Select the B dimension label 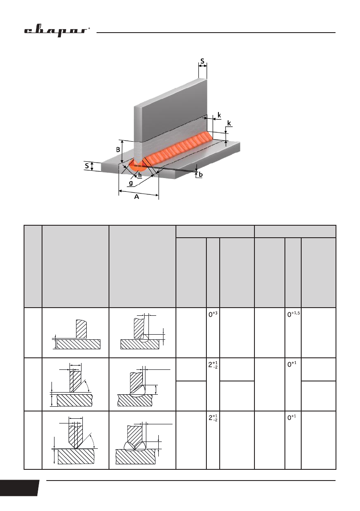click(x=118, y=150)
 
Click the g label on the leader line click(x=131, y=182)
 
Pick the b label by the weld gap click(x=200, y=175)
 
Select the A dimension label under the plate click(x=136, y=197)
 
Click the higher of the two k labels click(x=219, y=115)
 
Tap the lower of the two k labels click(x=229, y=123)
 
